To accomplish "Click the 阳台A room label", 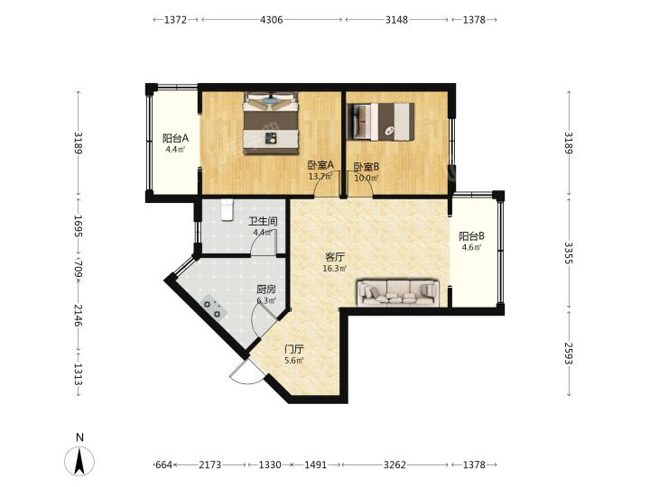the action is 175,138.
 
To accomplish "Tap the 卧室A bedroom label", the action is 320,166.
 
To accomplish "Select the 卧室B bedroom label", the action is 366,167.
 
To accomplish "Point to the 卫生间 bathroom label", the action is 263,222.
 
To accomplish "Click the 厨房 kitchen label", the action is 266,289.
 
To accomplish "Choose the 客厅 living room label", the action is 335,257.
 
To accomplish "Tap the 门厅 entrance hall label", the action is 294,349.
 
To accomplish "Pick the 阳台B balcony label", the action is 472,236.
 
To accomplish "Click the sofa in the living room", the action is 398,293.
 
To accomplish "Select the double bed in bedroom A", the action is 271,124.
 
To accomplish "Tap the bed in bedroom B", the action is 381,122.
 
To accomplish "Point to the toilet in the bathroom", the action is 227,209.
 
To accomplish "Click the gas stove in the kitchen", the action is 213,308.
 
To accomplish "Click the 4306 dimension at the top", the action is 271,20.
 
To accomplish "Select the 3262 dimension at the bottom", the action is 395,464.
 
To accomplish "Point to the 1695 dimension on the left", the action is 79,225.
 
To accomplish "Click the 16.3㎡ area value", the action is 335,269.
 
